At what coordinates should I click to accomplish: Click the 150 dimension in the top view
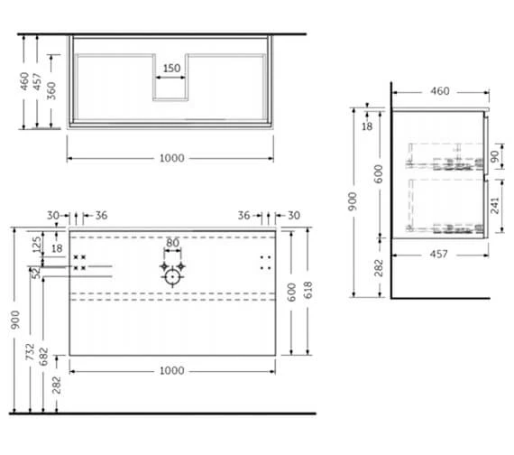tap(171, 68)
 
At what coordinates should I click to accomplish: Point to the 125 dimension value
tap(36, 244)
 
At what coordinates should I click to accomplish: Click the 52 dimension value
tap(36, 272)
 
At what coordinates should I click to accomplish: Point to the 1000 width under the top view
tap(171, 158)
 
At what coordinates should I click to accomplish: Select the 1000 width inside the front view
tap(171, 370)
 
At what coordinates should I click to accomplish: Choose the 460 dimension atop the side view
tap(440, 91)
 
